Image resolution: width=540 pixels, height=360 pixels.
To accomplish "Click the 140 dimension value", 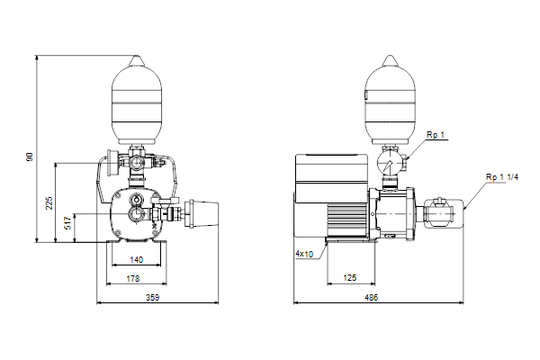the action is [137, 260].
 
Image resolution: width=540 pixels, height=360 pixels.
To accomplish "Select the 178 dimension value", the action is [133, 278].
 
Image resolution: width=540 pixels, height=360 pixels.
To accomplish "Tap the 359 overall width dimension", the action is [153, 297].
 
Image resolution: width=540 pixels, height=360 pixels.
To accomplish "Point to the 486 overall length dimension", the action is [371, 297].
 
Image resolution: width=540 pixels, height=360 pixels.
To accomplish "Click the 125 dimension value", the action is [350, 278].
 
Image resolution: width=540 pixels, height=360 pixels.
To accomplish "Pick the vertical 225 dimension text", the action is [49, 203].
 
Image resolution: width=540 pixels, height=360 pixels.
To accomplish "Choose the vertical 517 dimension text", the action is [67, 223].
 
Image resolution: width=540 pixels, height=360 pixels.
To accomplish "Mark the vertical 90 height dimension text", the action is [30, 157].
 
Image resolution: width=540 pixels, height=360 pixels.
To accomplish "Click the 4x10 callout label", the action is [304, 254].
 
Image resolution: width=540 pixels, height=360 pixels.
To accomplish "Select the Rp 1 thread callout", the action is [436, 135].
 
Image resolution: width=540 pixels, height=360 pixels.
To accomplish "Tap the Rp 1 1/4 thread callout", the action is [502, 177].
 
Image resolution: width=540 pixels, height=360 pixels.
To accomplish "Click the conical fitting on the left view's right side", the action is [202, 214].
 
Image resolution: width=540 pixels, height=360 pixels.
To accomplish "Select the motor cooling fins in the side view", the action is [346, 220].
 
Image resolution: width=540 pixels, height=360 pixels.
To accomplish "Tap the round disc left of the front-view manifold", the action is [112, 163].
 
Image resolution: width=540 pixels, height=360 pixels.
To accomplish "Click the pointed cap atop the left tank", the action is [137, 60].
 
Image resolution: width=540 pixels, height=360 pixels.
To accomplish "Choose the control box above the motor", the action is [332, 178].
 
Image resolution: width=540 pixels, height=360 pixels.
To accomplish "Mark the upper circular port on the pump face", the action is [138, 200].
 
